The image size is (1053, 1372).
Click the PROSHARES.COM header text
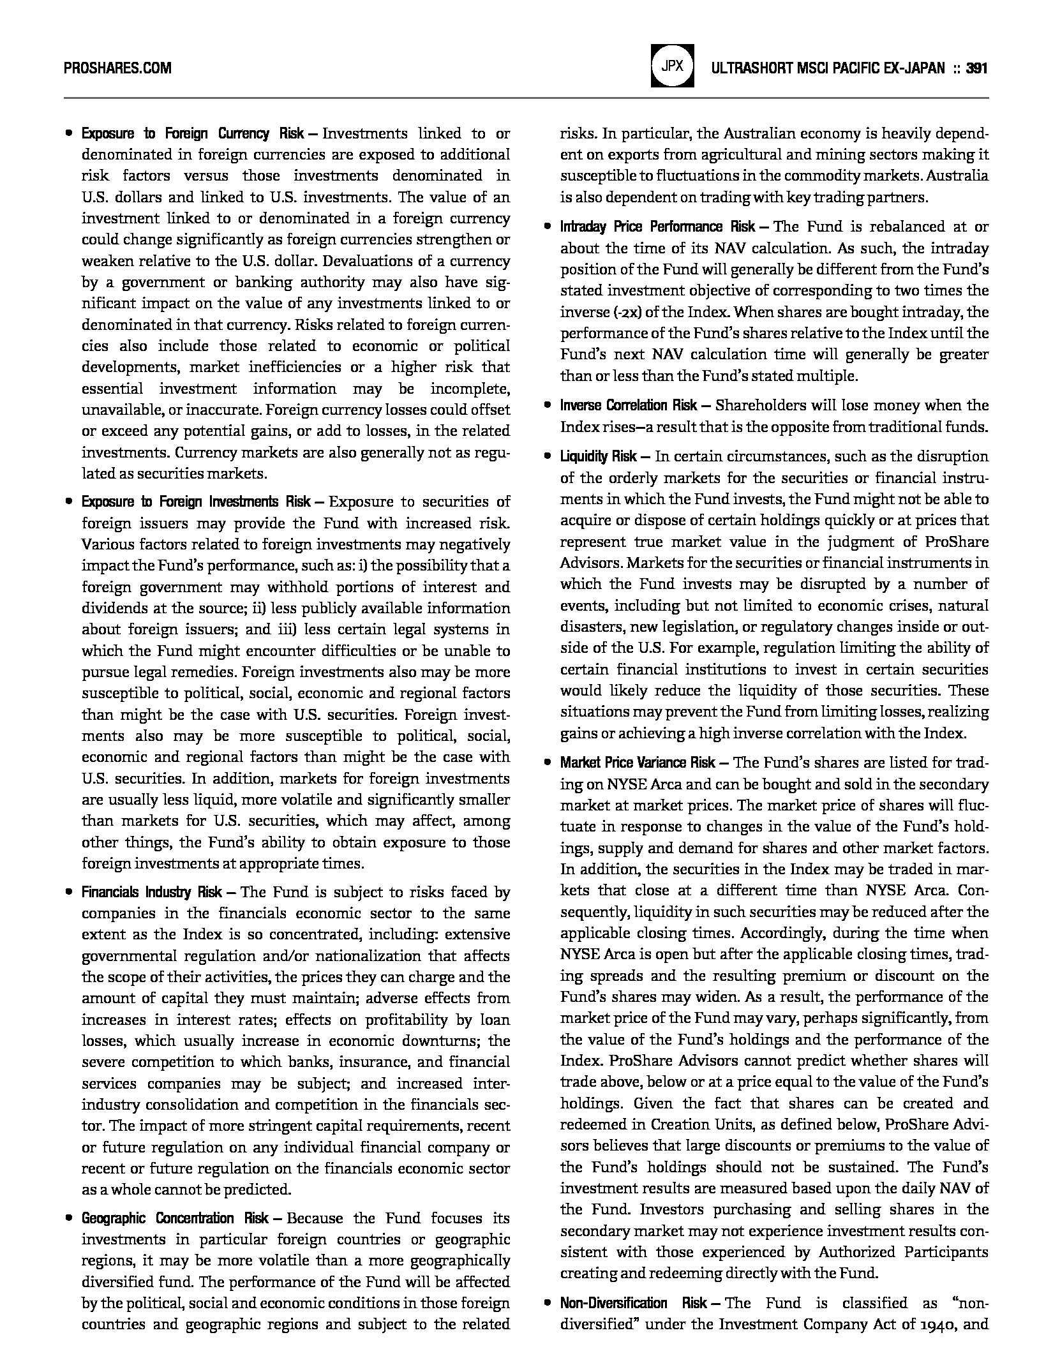117,68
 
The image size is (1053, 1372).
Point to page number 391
977,68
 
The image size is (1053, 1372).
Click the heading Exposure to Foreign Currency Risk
193,134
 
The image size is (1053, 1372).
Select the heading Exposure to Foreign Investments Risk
196,502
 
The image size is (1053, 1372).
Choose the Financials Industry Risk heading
151,892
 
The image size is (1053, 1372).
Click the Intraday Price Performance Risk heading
657,227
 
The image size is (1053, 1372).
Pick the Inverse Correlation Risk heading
629,406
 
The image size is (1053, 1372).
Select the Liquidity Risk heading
598,457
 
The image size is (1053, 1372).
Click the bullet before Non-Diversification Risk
547,1304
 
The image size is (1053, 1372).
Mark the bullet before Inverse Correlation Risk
547,406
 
